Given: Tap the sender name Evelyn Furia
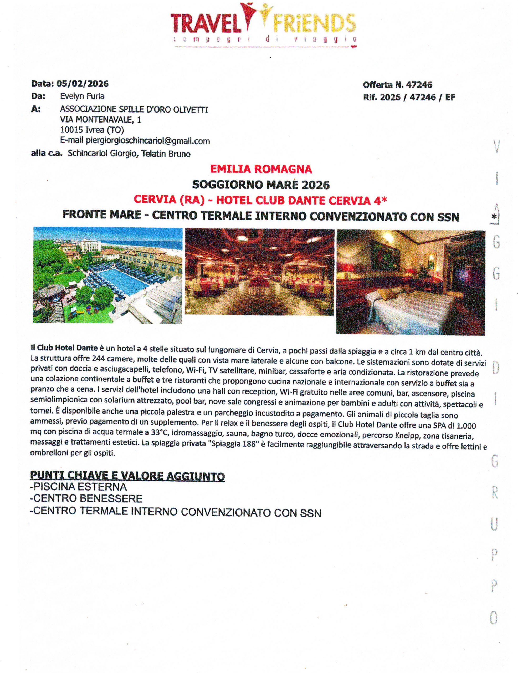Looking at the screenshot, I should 82,96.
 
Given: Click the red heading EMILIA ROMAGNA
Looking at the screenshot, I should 261,169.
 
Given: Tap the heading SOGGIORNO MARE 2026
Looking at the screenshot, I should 261,185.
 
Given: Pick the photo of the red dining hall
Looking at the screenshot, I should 259,272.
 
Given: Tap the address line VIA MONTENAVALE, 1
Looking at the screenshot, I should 100,120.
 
